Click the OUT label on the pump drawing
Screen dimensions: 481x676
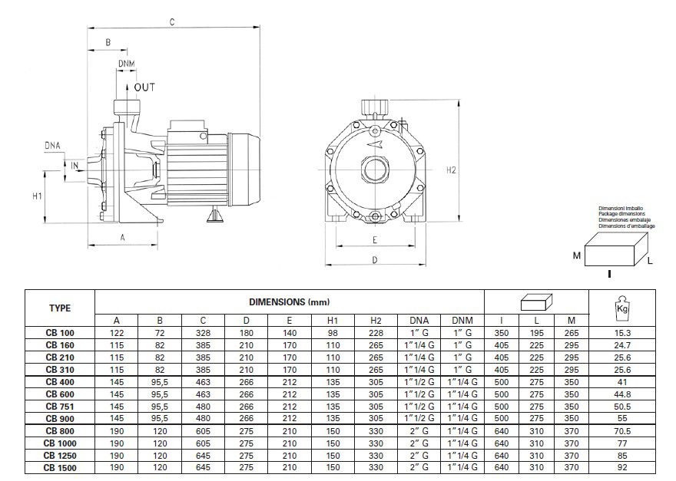coord(144,87)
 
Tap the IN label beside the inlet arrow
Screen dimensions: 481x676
coord(75,165)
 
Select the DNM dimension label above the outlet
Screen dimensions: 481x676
coord(127,62)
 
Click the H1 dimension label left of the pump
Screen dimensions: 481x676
coord(37,196)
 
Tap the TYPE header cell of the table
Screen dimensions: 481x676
coord(60,308)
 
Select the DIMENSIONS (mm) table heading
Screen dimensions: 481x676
coord(289,302)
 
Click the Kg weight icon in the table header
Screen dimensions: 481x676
coord(622,308)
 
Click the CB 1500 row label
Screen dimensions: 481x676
coord(60,466)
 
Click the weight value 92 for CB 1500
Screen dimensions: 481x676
coord(622,466)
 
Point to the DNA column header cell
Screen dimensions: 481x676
coord(419,320)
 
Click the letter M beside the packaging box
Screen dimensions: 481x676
coord(575,254)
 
